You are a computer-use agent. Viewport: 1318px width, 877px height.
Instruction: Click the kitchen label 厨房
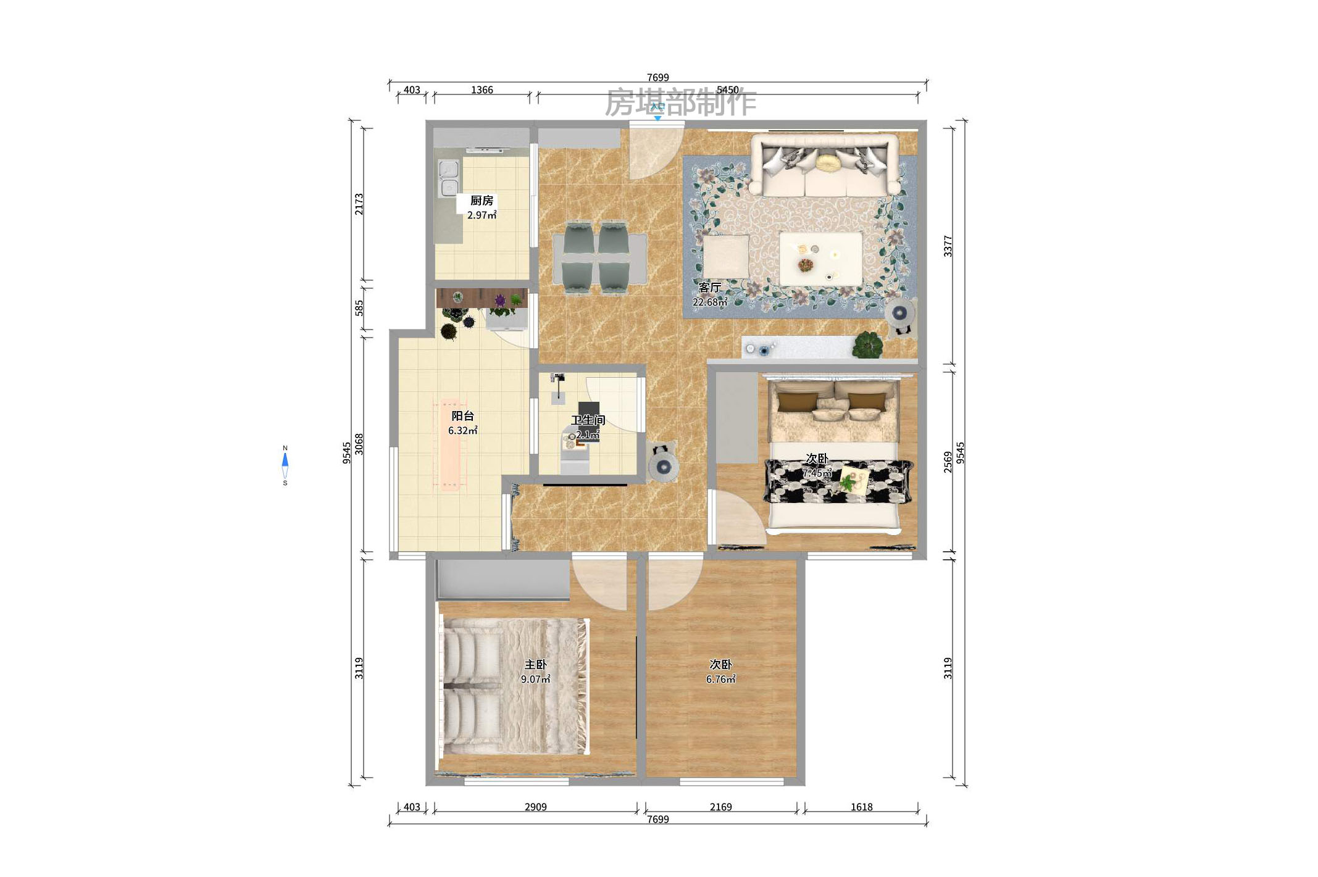[482, 201]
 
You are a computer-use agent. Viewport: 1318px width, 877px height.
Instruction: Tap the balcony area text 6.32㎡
[462, 431]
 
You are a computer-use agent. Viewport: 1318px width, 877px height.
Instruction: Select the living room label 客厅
[709, 288]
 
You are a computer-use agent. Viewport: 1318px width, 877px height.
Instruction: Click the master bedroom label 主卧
[535, 665]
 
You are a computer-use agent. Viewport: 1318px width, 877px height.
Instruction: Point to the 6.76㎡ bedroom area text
[720, 680]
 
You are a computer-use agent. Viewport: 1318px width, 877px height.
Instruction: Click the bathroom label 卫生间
[588, 420]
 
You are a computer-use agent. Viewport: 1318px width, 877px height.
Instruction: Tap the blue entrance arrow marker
[657, 118]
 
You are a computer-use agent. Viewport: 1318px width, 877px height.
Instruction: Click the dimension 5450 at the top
[727, 90]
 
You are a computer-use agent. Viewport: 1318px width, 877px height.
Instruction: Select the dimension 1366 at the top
[482, 90]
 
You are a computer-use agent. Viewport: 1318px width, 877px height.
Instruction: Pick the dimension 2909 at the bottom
[535, 807]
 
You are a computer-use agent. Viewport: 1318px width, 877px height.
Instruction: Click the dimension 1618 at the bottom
[861, 807]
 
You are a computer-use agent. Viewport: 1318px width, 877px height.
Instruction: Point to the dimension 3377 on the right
[948, 246]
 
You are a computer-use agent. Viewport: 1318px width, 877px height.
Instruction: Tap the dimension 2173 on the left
[359, 204]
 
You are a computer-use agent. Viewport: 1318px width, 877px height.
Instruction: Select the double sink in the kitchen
[448, 178]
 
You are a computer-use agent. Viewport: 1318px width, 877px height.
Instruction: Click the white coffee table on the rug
[820, 259]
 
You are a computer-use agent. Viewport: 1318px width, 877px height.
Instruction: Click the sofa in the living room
[824, 165]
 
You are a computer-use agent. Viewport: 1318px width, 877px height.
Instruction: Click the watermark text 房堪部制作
[680, 102]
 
